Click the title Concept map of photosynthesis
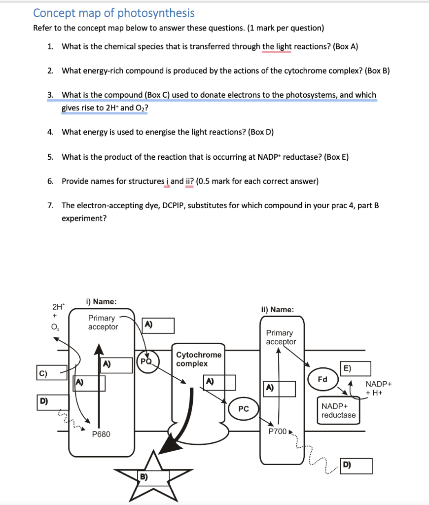tap(114, 13)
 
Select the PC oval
tap(244, 409)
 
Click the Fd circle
tap(322, 380)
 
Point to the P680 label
tap(101, 434)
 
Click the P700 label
tap(277, 431)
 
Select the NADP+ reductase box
tap(338, 410)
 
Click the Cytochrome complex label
tap(199, 359)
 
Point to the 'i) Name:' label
tap(101, 301)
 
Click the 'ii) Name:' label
tap(278, 310)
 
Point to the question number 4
tap(50, 132)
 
